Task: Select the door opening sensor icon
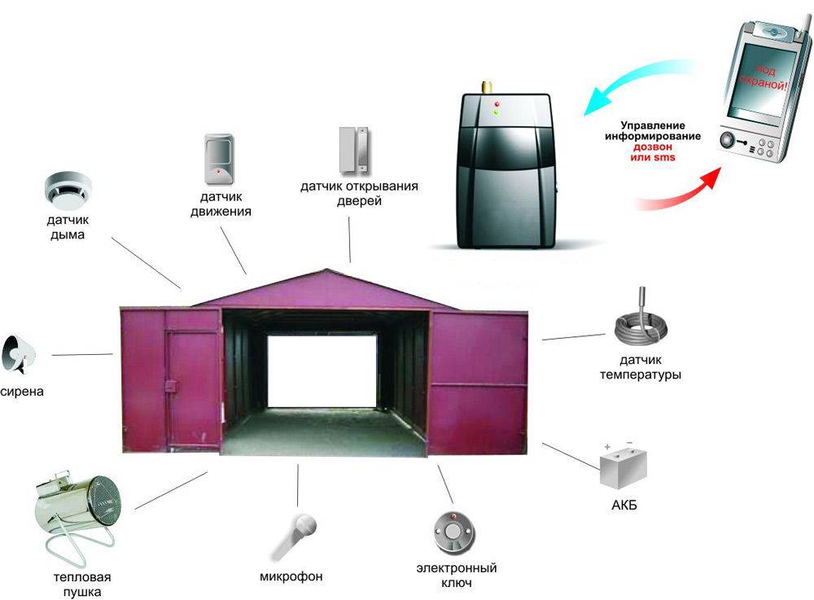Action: click(x=353, y=149)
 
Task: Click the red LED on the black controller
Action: click(x=496, y=103)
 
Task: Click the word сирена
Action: click(x=21, y=392)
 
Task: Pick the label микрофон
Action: click(x=291, y=576)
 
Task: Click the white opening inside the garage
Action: click(x=322, y=371)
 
